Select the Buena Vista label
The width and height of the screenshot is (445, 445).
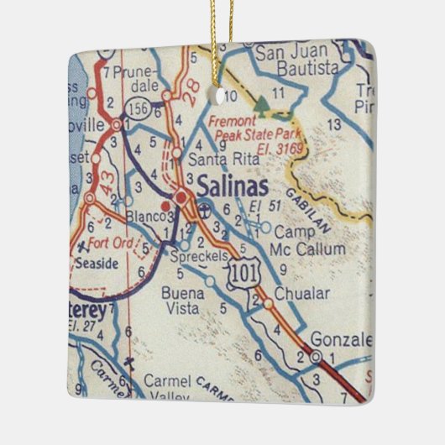pos(182,301)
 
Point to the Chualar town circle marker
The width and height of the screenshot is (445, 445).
pos(266,303)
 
